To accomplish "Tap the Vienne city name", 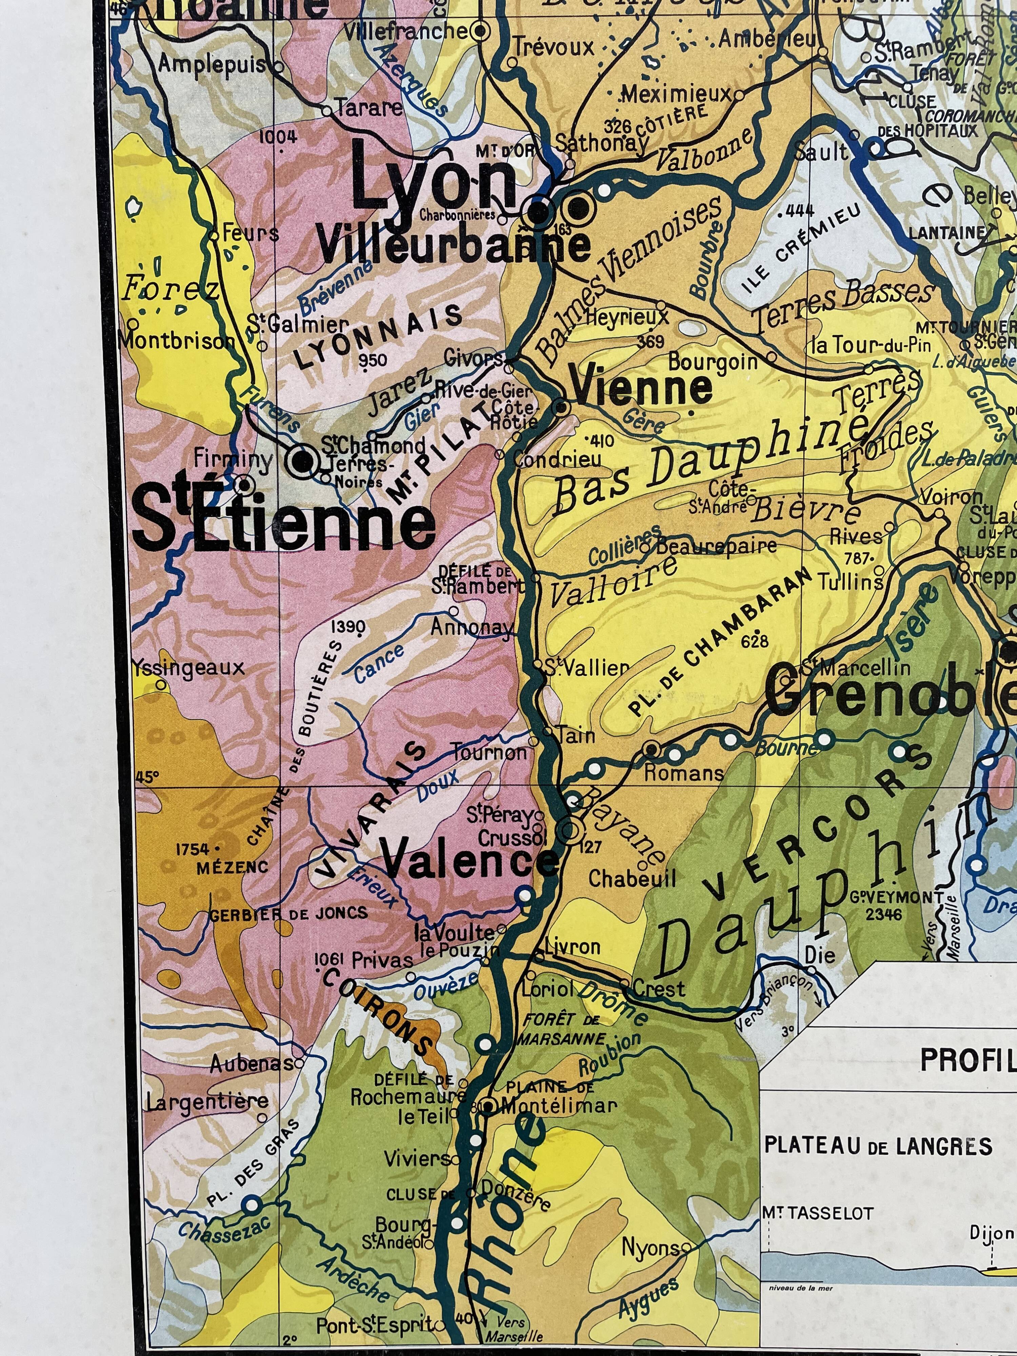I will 641,387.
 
